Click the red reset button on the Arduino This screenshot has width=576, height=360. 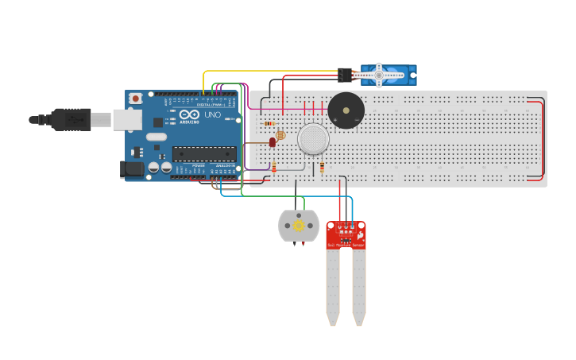136,99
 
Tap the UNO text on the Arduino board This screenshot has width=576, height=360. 212,114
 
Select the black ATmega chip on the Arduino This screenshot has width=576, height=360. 203,153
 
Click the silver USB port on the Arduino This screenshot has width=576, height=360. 126,119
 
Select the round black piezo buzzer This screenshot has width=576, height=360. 346,110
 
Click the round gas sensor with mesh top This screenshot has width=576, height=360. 313,139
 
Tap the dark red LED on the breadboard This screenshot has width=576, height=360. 273,142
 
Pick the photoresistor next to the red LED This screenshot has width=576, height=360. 280,135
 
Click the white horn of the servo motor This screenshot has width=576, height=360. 378,75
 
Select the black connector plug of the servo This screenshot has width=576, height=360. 345,75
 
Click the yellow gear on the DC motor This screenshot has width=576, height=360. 299,226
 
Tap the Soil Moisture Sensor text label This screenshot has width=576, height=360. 346,245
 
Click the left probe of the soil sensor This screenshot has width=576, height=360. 332,286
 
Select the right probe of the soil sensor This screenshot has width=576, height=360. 359,286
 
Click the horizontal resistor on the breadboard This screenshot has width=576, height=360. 269,123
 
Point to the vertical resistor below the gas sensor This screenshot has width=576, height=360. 323,168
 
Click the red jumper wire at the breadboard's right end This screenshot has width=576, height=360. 543,140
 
